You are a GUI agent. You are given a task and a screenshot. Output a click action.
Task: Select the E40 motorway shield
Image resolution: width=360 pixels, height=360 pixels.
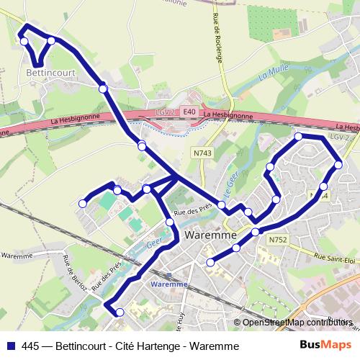click(189, 112)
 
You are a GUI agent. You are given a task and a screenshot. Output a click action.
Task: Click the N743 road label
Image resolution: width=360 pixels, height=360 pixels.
click(202, 153)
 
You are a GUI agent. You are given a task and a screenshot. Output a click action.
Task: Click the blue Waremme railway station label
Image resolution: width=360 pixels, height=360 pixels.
click(170, 284)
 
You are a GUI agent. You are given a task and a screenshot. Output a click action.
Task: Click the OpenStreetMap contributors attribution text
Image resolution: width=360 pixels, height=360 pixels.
click(294, 322)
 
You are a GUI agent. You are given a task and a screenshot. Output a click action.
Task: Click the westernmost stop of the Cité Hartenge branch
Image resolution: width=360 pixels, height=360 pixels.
click(83, 204)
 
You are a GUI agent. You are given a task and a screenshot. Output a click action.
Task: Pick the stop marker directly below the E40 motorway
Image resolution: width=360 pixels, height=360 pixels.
click(142, 146)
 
